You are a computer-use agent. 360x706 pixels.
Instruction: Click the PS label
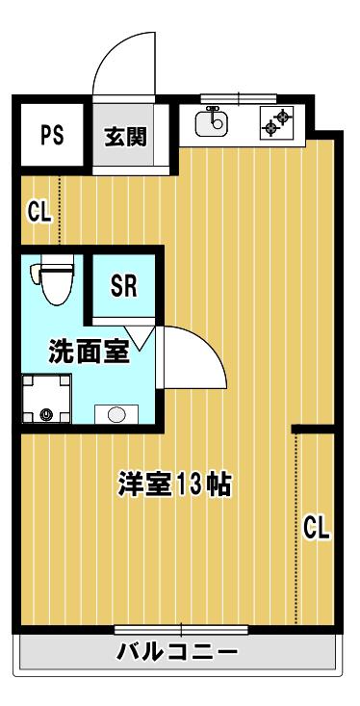pyautogui.click(x=52, y=136)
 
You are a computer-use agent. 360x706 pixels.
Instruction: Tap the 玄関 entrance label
pyautogui.click(x=125, y=137)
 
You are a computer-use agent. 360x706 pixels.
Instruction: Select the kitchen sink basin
pyautogui.click(x=212, y=123)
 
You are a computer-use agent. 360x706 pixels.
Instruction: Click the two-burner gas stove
pyautogui.click(x=276, y=121)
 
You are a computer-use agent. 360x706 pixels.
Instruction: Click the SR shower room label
pyautogui.click(x=123, y=285)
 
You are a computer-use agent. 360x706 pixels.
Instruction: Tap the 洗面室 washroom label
pyautogui.click(x=90, y=351)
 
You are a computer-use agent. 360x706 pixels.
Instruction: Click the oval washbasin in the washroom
pyautogui.click(x=116, y=414)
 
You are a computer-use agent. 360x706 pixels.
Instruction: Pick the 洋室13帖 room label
pyautogui.click(x=174, y=484)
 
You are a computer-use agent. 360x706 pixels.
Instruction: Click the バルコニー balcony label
pyautogui.click(x=177, y=651)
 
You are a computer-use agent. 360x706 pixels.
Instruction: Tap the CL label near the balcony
pyautogui.click(x=318, y=528)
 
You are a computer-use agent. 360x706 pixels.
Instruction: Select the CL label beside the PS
pyautogui.click(x=39, y=211)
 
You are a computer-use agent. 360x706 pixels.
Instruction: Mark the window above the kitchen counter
pyautogui.click(x=239, y=97)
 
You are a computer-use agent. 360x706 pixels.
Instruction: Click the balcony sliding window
pyautogui.click(x=181, y=629)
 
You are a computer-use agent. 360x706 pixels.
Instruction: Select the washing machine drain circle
pyautogui.click(x=44, y=415)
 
